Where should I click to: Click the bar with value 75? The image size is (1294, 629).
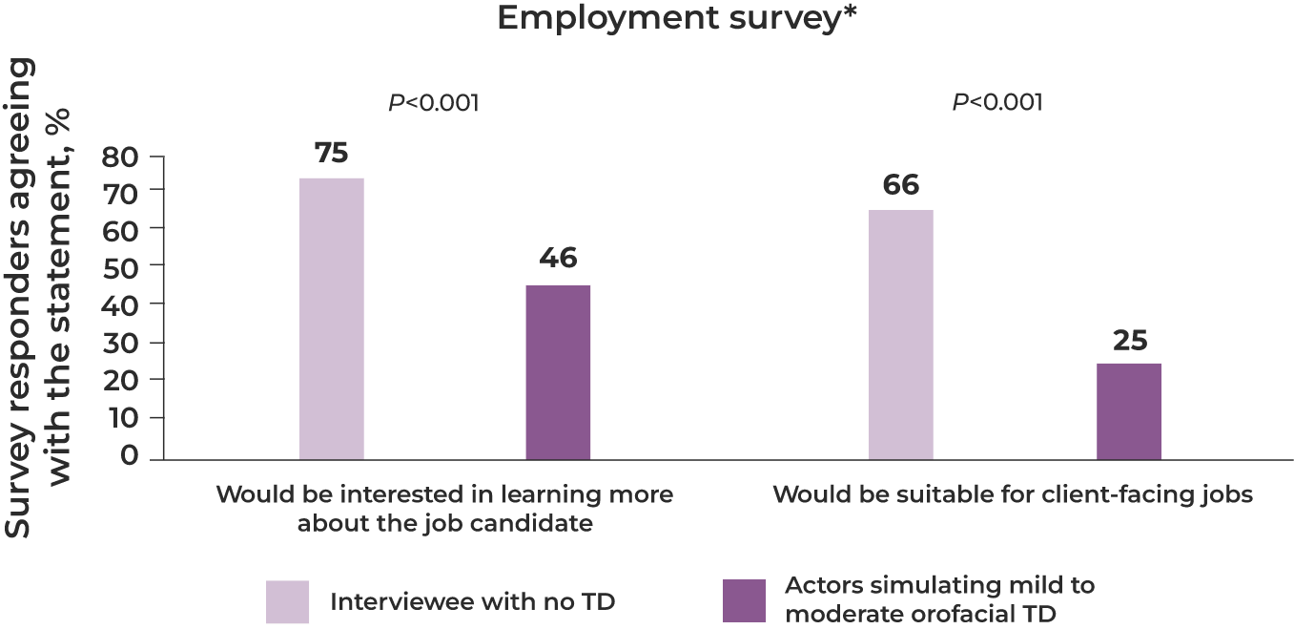[331, 318]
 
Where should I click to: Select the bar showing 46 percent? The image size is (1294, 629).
[558, 371]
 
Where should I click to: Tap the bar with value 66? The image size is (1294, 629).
[900, 334]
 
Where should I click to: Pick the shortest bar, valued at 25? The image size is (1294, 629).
[1129, 410]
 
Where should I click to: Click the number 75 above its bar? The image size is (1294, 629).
[331, 155]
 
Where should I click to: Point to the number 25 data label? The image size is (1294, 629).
[1129, 341]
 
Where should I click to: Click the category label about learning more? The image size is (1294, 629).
[444, 509]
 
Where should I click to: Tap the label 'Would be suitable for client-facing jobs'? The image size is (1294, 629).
[1012, 495]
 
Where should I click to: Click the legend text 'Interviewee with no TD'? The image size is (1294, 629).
[472, 601]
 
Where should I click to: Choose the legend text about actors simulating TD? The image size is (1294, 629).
[939, 598]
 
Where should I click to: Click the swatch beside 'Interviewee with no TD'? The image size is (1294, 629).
[288, 601]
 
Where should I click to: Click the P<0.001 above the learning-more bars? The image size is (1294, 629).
[433, 102]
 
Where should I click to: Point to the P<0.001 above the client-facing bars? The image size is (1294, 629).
[997, 102]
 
